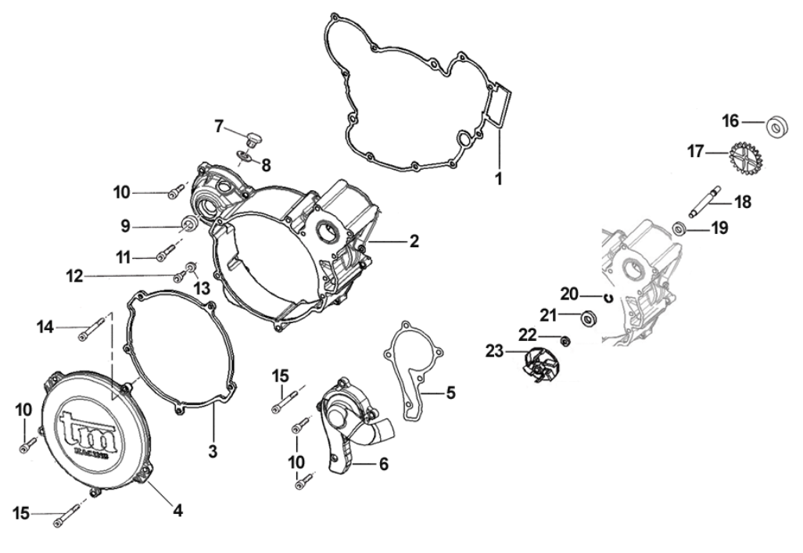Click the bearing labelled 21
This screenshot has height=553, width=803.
[587, 318]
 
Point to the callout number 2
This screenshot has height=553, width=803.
[414, 241]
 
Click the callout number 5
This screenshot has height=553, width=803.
[450, 392]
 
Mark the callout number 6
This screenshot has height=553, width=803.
[383, 463]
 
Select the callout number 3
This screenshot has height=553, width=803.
[213, 451]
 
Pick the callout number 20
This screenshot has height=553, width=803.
[569, 294]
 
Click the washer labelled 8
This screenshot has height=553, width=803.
[245, 160]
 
